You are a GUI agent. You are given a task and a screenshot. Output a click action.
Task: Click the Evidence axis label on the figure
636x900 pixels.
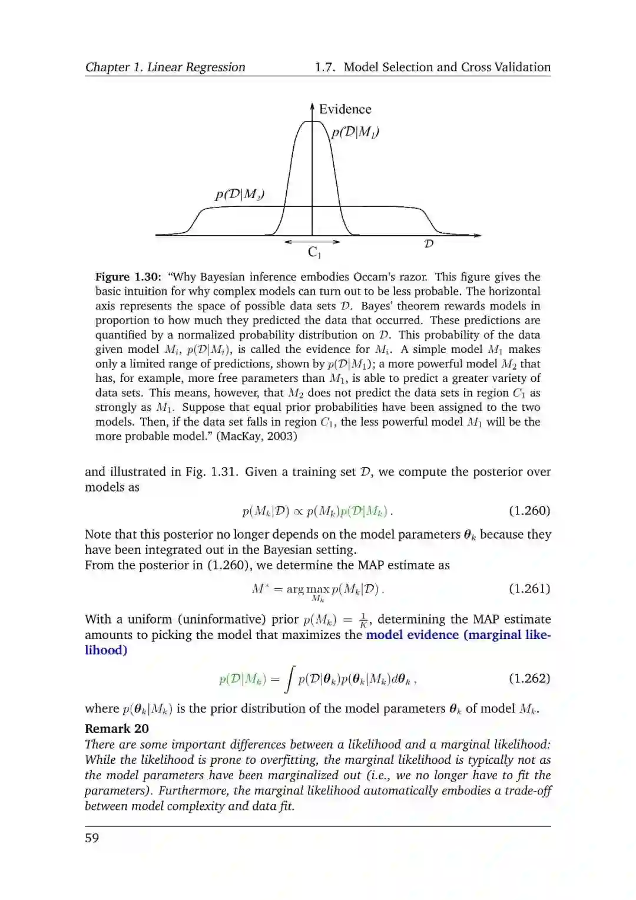tap(345, 109)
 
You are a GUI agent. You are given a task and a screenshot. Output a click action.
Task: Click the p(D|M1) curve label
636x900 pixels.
tap(355, 132)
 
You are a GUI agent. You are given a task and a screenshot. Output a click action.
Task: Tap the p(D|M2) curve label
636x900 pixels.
tap(239, 194)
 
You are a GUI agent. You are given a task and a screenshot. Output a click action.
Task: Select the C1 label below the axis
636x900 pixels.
tap(314, 253)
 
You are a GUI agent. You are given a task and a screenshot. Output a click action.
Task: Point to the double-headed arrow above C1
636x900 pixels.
tap(312, 242)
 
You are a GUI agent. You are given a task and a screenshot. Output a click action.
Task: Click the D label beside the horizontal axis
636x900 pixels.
tap(429, 243)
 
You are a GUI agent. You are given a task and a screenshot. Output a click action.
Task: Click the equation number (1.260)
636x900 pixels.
tap(529, 510)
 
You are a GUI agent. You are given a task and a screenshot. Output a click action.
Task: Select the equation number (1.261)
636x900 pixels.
tap(529, 588)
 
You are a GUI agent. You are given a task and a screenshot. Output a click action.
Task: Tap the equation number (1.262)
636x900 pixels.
tap(529, 678)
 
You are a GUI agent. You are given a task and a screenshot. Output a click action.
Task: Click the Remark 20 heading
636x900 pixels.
tap(117, 728)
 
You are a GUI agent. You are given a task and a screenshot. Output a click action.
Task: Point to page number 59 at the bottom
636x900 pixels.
tap(92, 838)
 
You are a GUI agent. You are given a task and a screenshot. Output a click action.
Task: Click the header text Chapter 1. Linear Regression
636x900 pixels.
tap(165, 67)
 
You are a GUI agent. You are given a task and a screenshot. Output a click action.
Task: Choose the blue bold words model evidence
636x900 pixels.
tap(412, 635)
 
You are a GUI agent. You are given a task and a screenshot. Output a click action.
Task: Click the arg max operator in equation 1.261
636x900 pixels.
tap(307, 589)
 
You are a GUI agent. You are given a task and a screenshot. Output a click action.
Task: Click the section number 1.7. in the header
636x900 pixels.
tap(325, 67)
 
